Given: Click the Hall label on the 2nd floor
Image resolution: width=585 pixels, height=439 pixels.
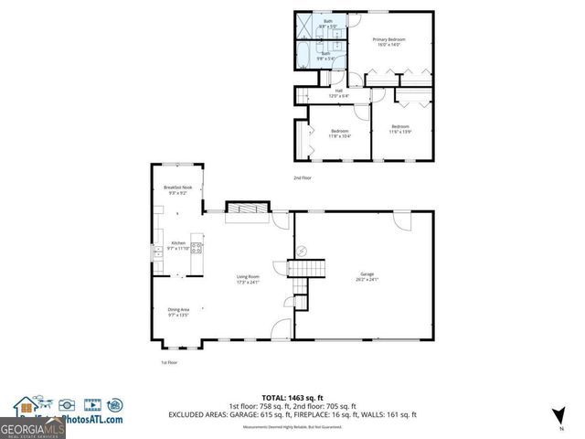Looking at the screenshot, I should click(x=337, y=92).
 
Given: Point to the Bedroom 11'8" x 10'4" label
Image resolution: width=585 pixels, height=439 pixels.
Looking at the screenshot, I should click(x=339, y=134).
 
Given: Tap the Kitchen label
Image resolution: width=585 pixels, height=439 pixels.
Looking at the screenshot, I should click(x=177, y=246).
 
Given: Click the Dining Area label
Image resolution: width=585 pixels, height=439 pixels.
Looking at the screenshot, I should click(x=178, y=312).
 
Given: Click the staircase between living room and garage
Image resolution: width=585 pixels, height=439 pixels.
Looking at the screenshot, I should click(x=308, y=268).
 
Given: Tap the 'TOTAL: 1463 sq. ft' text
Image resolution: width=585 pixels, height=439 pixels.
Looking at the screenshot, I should click(x=292, y=397).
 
